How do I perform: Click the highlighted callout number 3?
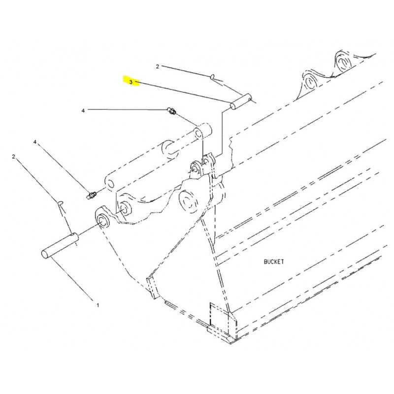point(131,82)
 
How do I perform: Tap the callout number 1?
point(98,305)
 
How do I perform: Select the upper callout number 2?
point(157,66)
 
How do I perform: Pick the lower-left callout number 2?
point(14,157)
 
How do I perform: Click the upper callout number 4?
point(83,110)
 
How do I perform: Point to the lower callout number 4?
point(35,142)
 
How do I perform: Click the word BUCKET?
point(274,262)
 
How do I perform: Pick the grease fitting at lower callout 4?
point(91,196)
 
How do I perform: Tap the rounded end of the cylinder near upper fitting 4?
point(202,131)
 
